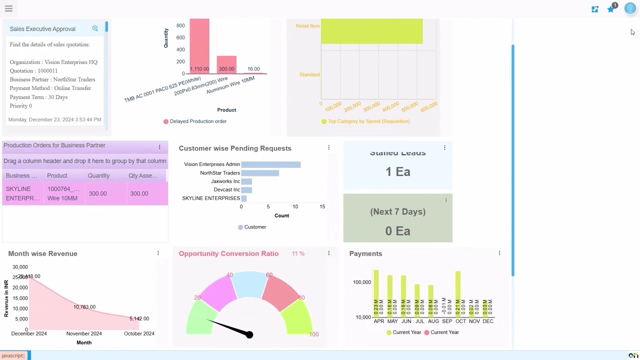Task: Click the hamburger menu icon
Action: click(8, 8)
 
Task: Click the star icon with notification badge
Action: click(610, 9)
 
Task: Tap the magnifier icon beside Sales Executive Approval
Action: click(95, 28)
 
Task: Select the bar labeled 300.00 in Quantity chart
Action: click(226, 65)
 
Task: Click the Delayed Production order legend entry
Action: click(195, 121)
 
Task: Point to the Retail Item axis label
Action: click(307, 26)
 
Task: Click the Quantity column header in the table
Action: click(98, 175)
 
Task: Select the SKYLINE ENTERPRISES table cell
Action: click(22, 193)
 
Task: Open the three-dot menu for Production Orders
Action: click(159, 147)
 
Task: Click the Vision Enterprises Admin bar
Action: click(270, 164)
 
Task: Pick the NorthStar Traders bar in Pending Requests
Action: click(260, 173)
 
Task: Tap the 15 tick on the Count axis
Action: click(322, 206)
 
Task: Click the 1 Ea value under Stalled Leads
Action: click(397, 172)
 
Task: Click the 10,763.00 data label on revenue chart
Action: click(84, 307)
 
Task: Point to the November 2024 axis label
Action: click(84, 333)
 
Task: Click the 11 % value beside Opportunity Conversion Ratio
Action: click(298, 254)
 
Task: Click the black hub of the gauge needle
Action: click(249, 334)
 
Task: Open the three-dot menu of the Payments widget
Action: click(499, 253)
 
